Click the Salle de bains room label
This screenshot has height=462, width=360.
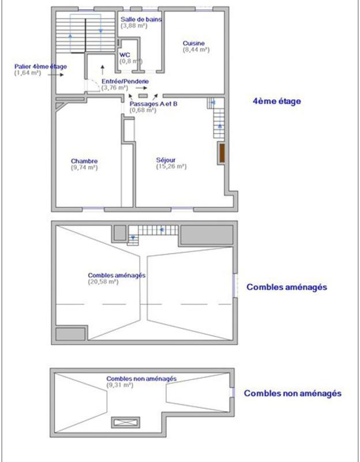click(141, 19)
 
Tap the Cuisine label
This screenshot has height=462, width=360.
click(193, 43)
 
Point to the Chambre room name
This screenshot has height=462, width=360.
click(84, 161)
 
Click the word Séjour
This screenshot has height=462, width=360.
click(166, 160)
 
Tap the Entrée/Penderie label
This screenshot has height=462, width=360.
click(125, 82)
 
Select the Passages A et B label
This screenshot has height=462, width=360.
click(153, 103)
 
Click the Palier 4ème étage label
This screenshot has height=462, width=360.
click(40, 66)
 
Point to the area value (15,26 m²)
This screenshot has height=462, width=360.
click(171, 167)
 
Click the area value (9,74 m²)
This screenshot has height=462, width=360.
click(84, 167)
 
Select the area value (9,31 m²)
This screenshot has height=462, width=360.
click(119, 385)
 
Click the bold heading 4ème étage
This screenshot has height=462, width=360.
click(277, 101)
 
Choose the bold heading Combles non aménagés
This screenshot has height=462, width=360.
click(292, 394)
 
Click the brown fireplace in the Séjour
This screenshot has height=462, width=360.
click(221, 153)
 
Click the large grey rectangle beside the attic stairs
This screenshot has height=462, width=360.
click(205, 234)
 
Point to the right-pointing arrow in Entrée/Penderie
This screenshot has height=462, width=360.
click(141, 88)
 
